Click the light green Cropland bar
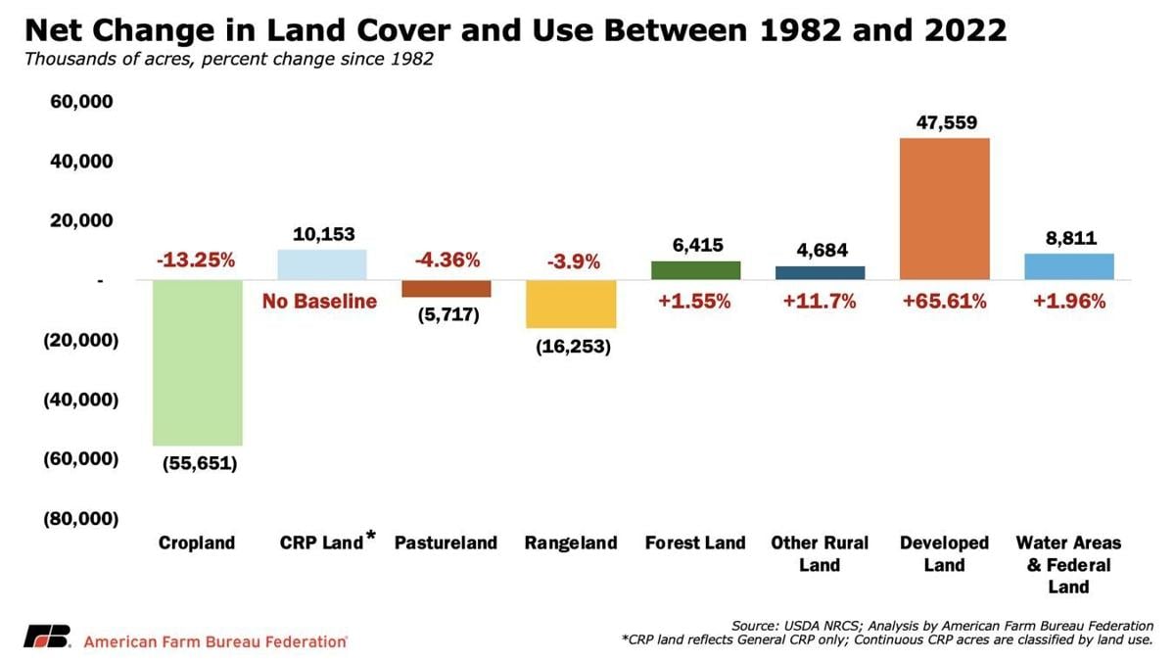(x=198, y=362)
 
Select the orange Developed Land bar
(x=945, y=209)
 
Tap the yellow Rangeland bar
(x=571, y=305)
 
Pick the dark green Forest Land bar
(x=695, y=270)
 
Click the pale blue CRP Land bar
(x=322, y=265)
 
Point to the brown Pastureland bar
(x=446, y=289)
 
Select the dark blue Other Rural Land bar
(x=821, y=273)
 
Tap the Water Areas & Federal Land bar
(x=1069, y=267)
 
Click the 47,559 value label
(x=947, y=122)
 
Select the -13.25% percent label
(x=196, y=260)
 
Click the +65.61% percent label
(x=944, y=302)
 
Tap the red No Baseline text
(x=319, y=302)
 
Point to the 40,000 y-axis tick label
(x=81, y=161)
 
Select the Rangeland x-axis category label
(x=571, y=543)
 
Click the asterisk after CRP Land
(x=371, y=535)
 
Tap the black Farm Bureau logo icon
(x=47, y=636)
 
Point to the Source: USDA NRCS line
(x=942, y=626)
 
